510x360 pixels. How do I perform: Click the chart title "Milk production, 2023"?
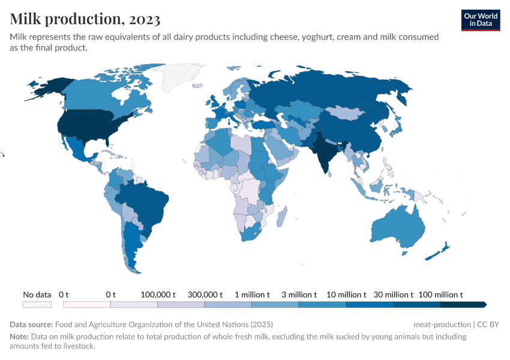pyautogui.click(x=85, y=19)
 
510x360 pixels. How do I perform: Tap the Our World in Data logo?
pyautogui.click(x=481, y=20)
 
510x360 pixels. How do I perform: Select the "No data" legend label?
pyautogui.click(x=37, y=295)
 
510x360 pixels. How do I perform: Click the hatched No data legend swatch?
pyautogui.click(x=37, y=304)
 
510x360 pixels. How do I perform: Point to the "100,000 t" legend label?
pyautogui.click(x=158, y=295)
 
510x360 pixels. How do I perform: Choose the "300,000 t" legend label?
pyautogui.click(x=205, y=295)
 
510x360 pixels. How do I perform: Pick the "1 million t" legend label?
pyautogui.click(x=252, y=295)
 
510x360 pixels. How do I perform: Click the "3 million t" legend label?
pyautogui.click(x=299, y=295)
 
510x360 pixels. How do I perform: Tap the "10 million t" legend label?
pyautogui.click(x=346, y=295)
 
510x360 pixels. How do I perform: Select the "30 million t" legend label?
pyautogui.click(x=394, y=295)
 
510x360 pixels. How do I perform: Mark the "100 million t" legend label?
pyautogui.click(x=440, y=295)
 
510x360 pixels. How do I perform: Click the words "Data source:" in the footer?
pyautogui.click(x=29, y=325)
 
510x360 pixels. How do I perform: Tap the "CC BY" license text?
pyautogui.click(x=489, y=325)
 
